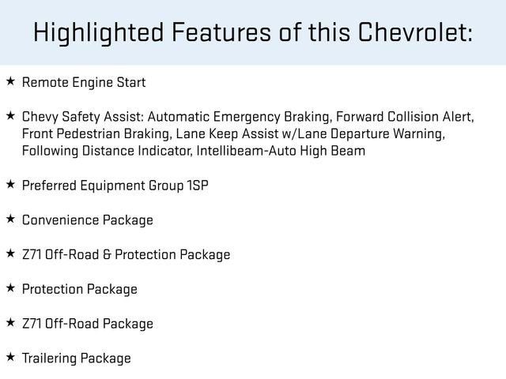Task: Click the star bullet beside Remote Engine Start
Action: click(10, 81)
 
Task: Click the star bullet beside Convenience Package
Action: click(10, 219)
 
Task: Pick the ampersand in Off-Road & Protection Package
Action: click(107, 254)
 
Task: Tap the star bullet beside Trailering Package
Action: click(10, 357)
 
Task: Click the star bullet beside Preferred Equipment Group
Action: click(10, 185)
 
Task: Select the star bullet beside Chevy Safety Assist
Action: click(10, 116)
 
